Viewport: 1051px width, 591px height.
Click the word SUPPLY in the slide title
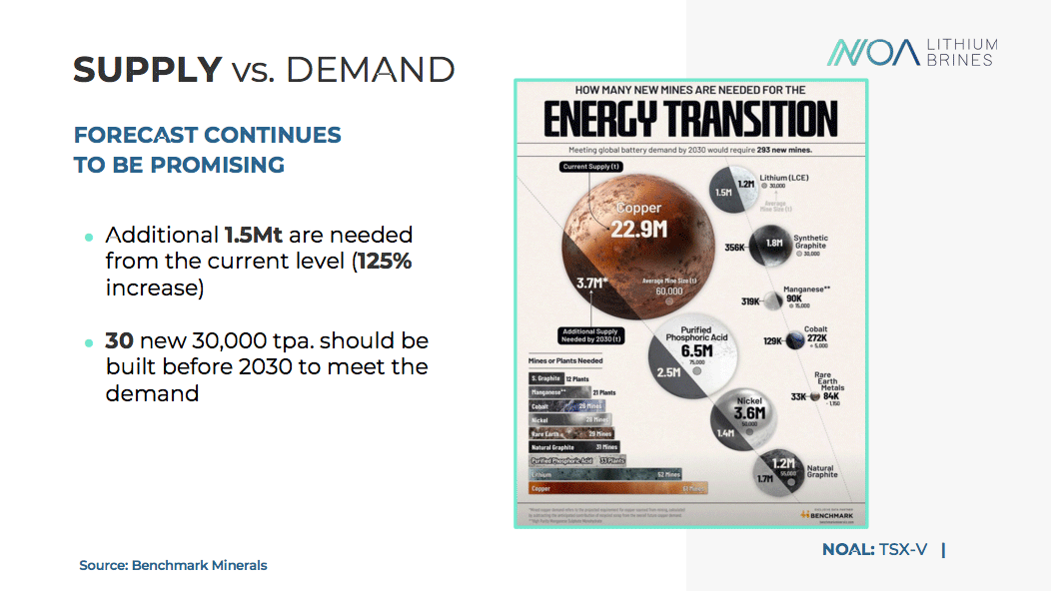point(147,70)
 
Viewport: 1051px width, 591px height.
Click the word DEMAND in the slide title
point(371,70)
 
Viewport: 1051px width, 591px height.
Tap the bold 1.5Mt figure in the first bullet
point(253,236)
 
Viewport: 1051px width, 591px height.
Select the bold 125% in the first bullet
point(386,263)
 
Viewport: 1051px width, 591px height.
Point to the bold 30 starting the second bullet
point(119,340)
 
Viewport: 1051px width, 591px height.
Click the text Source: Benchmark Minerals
point(173,565)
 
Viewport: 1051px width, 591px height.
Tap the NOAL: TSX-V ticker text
point(875,549)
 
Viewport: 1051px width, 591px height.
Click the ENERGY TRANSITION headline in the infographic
point(690,119)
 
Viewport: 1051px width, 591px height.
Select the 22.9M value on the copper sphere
point(639,230)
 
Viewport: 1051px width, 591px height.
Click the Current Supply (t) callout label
point(591,167)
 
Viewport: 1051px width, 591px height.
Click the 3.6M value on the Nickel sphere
point(748,413)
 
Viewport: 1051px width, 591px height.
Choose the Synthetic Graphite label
point(810,242)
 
